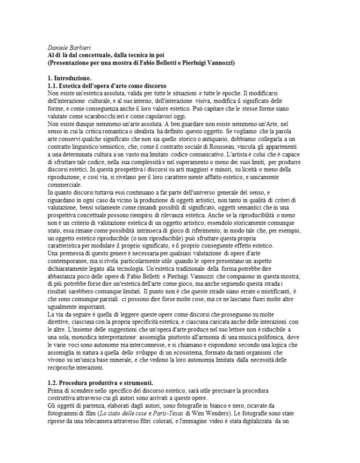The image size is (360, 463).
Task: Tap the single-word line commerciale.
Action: [x=65, y=184]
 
